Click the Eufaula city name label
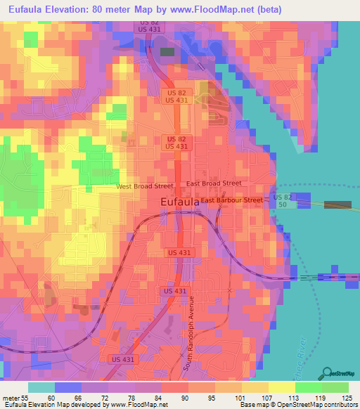click(x=176, y=202)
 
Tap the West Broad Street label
click(x=144, y=186)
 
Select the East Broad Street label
click(x=214, y=183)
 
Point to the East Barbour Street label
click(x=231, y=200)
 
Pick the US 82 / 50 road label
click(x=282, y=200)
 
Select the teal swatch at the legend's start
click(x=41, y=388)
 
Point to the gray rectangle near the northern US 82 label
click(x=168, y=51)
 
